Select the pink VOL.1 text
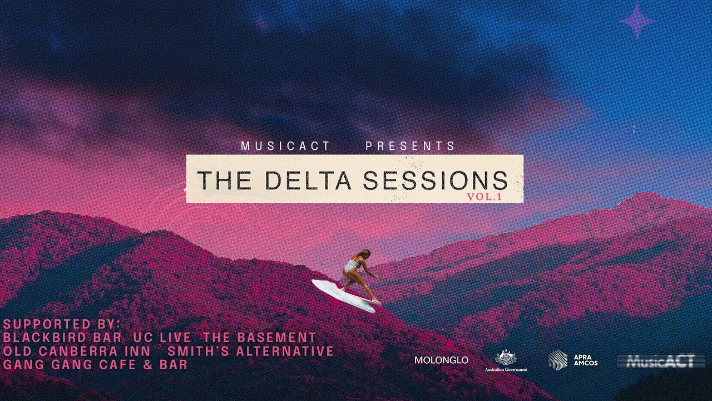[x=484, y=197]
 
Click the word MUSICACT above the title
[x=286, y=146]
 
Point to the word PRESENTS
[x=411, y=146]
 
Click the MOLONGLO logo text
[x=441, y=360]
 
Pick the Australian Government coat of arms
[x=506, y=358]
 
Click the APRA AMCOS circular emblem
[x=558, y=360]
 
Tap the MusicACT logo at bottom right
[x=661, y=361]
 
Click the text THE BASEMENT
[x=259, y=338]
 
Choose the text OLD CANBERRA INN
[x=77, y=351]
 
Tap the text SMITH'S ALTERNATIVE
[x=250, y=351]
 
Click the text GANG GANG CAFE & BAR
[x=95, y=365]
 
